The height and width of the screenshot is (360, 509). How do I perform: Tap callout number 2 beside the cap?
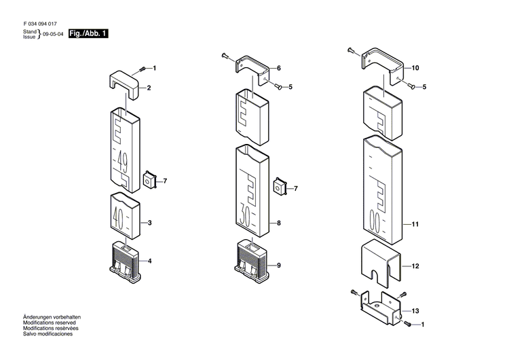click(x=149, y=88)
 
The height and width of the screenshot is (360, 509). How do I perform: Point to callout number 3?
click(x=149, y=223)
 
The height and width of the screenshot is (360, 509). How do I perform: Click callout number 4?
click(x=149, y=261)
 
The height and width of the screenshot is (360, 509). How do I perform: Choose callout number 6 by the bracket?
click(x=278, y=68)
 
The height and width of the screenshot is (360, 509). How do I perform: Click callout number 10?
click(x=416, y=68)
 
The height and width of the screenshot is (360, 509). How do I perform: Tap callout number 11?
click(x=416, y=223)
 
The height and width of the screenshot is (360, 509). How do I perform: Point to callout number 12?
click(x=416, y=266)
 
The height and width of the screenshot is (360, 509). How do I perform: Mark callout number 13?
click(x=416, y=310)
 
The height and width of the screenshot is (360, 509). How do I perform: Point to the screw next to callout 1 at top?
click(x=143, y=69)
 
